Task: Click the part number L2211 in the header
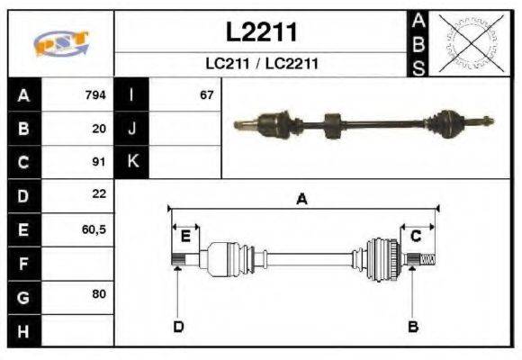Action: click(x=261, y=33)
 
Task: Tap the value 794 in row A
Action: click(x=94, y=94)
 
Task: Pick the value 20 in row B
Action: click(x=99, y=129)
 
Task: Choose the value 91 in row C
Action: click(x=99, y=162)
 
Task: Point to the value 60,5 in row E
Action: click(x=94, y=229)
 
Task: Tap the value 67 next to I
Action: click(x=207, y=94)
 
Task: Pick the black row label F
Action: click(x=24, y=263)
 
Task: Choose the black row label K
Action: click(x=132, y=162)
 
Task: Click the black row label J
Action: click(x=132, y=129)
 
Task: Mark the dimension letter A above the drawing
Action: click(x=302, y=200)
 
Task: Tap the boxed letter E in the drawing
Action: click(x=185, y=236)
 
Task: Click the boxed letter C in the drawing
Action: click(x=416, y=236)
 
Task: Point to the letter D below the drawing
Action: click(x=178, y=326)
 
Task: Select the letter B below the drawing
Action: click(x=413, y=326)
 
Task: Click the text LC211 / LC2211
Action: click(x=261, y=65)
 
